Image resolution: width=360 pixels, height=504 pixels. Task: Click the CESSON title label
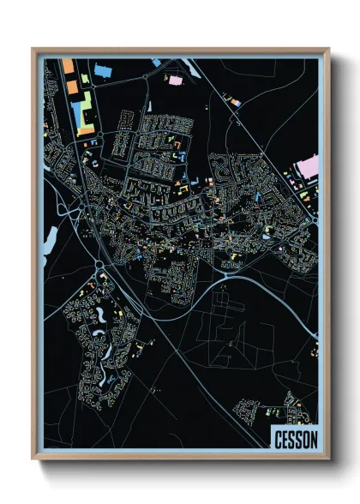(296, 440)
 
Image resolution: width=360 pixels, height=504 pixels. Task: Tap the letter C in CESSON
(278, 440)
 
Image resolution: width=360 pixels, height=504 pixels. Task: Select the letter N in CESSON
(314, 440)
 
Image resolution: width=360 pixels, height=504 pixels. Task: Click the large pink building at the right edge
(307, 167)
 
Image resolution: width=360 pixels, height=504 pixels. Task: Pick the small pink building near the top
(177, 81)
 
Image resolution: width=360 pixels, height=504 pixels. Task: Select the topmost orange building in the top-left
(69, 65)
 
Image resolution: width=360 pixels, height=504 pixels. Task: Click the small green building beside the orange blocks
(85, 80)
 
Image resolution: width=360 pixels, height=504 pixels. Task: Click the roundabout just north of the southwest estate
(99, 265)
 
